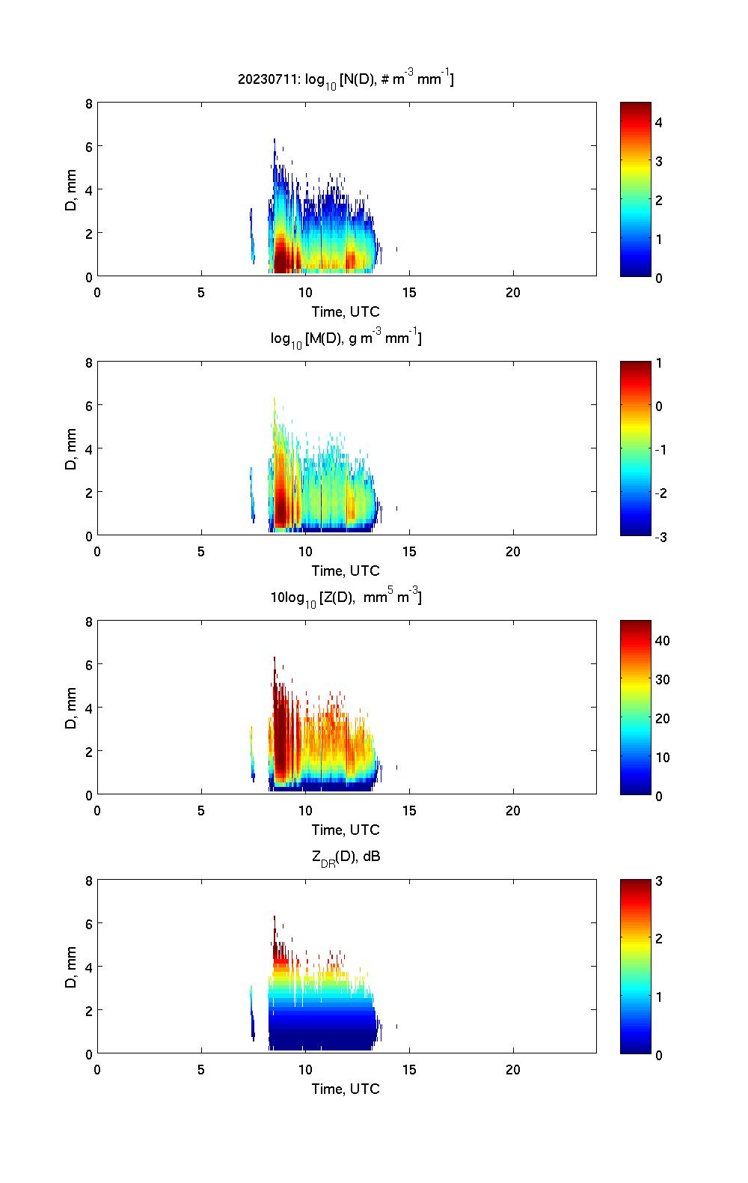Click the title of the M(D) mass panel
click(x=346, y=338)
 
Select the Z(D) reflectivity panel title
click(x=346, y=597)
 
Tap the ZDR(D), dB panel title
click(x=346, y=857)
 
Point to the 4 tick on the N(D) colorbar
click(x=659, y=122)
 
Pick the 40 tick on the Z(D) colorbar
click(x=662, y=640)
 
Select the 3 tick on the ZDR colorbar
click(x=659, y=881)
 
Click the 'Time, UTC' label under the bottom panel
click(x=346, y=1089)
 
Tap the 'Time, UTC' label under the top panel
click(x=346, y=311)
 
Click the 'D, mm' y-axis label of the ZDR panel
click(x=72, y=967)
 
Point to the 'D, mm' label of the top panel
click(x=72, y=190)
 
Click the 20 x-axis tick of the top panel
click(x=513, y=292)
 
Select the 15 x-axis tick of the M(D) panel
click(x=409, y=551)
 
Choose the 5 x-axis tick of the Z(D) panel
click(x=201, y=810)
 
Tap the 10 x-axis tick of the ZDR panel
click(x=305, y=1069)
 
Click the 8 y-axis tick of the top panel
click(x=88, y=103)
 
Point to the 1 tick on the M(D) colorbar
click(x=659, y=363)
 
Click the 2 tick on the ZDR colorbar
click(x=659, y=939)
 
